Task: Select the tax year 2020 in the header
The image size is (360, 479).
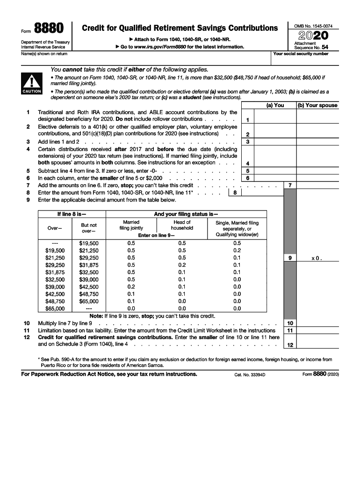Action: (313, 36)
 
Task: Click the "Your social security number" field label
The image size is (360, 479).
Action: (301, 54)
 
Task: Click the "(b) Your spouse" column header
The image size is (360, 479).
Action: (317, 105)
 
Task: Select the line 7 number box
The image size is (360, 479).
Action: (290, 185)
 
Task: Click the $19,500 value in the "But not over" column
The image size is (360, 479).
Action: (89, 243)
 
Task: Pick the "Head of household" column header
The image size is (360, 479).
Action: (182, 225)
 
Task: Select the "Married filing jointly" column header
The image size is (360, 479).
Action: (131, 225)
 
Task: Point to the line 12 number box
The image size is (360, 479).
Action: (290, 345)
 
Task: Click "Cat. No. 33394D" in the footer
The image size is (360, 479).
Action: (250, 375)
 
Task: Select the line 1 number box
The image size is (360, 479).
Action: (247, 120)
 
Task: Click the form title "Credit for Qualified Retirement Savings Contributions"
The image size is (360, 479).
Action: (180, 28)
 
